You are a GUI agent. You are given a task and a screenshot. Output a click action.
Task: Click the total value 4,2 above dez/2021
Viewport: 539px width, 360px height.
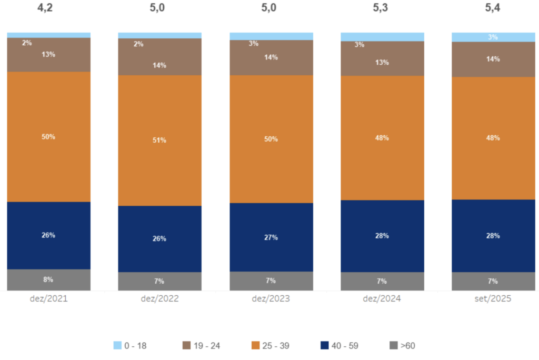(48, 9)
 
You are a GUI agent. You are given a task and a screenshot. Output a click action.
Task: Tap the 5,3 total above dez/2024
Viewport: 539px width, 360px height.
(382, 9)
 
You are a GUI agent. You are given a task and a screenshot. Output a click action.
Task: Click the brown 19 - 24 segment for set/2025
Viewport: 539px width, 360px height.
(493, 59)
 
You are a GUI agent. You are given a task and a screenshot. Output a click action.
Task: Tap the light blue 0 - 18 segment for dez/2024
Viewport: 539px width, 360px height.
(382, 37)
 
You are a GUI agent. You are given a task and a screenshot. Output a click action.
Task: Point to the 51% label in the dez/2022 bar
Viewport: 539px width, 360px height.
(159, 140)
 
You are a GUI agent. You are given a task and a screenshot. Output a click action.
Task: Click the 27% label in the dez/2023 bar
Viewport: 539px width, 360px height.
(271, 237)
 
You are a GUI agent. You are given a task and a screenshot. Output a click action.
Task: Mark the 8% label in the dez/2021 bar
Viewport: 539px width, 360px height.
(48, 279)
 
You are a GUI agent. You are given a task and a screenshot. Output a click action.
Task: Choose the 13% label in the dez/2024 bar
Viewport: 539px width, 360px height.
(382, 62)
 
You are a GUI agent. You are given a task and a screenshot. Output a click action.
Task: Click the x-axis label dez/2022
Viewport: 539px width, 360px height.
(159, 298)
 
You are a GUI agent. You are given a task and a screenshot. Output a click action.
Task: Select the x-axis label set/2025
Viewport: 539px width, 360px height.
(493, 298)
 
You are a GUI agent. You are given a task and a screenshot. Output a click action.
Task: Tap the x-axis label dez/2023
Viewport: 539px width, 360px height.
(271, 298)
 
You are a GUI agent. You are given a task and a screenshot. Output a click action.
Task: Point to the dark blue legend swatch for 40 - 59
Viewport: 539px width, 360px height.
(325, 346)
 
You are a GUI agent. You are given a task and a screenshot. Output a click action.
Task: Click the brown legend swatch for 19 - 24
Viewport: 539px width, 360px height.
(186, 346)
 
